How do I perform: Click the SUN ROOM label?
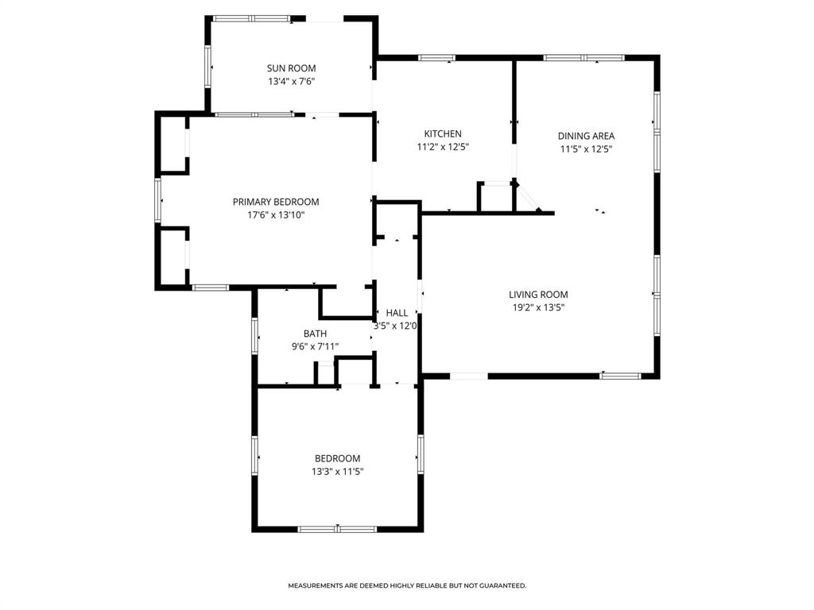click(x=291, y=68)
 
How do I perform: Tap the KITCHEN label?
click(x=442, y=134)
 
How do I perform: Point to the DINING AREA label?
click(x=586, y=136)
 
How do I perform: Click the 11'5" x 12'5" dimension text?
click(x=586, y=149)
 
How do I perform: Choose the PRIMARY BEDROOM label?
click(x=275, y=202)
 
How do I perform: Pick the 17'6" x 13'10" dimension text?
click(x=275, y=214)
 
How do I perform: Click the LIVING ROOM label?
click(x=538, y=295)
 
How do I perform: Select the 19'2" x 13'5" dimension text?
click(x=538, y=307)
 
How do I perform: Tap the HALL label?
click(x=397, y=313)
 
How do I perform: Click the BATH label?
click(x=315, y=334)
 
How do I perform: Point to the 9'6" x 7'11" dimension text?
click(x=315, y=346)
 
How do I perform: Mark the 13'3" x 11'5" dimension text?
click(x=337, y=471)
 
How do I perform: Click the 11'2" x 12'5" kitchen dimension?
click(x=442, y=147)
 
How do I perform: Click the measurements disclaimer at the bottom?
click(x=407, y=585)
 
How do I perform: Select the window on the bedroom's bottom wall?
click(x=337, y=528)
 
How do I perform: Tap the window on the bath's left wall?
click(x=254, y=334)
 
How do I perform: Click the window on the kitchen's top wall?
click(x=436, y=57)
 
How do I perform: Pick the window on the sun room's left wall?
click(x=208, y=65)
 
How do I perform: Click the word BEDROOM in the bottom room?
click(x=337, y=458)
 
